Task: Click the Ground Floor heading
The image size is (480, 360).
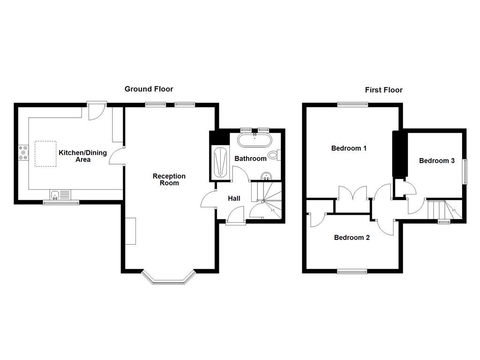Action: tap(149, 89)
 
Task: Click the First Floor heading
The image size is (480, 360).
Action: tap(383, 90)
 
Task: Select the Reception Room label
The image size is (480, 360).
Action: tap(169, 180)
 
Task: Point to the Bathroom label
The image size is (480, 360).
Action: tap(250, 158)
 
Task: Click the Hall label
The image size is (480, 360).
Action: tap(234, 198)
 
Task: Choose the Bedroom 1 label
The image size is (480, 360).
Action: tap(349, 148)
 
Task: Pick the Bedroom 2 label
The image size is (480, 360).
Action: tap(352, 237)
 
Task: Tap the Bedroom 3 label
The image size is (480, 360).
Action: tap(436, 160)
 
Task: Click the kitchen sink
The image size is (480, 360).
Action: tap(60, 194)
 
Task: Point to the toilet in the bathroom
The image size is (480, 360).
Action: tap(274, 155)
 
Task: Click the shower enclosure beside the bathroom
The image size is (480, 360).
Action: tap(219, 163)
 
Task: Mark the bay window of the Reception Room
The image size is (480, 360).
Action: tap(168, 278)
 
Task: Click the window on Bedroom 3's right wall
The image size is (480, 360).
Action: tap(465, 172)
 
